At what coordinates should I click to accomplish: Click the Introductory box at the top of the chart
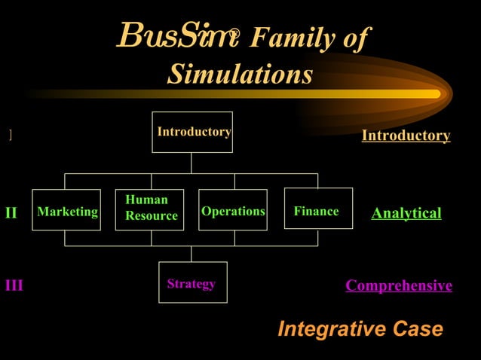pyautogui.click(x=192, y=132)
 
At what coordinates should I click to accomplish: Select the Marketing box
pyautogui.click(x=66, y=210)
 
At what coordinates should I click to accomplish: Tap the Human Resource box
pyautogui.click(x=150, y=209)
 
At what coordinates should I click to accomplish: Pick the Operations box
pyautogui.click(x=233, y=210)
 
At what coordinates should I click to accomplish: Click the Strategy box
pyautogui.click(x=192, y=282)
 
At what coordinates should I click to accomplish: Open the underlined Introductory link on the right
pyautogui.click(x=406, y=136)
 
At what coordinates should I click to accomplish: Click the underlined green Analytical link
pyautogui.click(x=406, y=213)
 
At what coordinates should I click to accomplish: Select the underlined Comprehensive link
pyautogui.click(x=398, y=285)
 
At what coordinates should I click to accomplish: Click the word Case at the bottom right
pyautogui.click(x=413, y=329)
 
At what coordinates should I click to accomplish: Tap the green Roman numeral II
pyautogui.click(x=11, y=213)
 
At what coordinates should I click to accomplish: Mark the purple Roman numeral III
pyautogui.click(x=14, y=285)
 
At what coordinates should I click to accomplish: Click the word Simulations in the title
pyautogui.click(x=240, y=75)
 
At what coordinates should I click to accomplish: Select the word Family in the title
pyautogui.click(x=292, y=37)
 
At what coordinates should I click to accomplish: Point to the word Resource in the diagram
pyautogui.click(x=152, y=216)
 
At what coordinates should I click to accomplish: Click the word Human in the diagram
pyautogui.click(x=146, y=200)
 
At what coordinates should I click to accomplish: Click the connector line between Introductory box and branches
pyautogui.click(x=191, y=163)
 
